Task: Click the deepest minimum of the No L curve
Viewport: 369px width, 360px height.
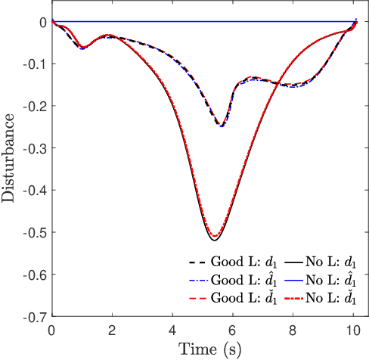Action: (x=215, y=240)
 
